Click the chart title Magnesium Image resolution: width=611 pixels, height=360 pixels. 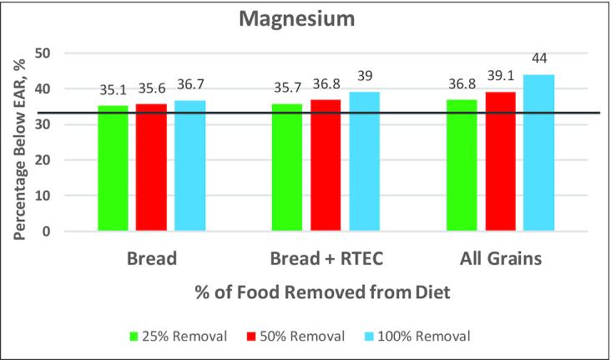(x=305, y=18)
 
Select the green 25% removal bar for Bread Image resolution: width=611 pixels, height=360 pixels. (x=113, y=169)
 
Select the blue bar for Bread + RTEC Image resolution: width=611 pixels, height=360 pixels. (x=364, y=162)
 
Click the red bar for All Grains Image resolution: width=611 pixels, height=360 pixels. (x=500, y=162)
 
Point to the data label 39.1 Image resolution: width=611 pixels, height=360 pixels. (x=500, y=81)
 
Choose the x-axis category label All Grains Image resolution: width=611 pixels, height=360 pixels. (x=499, y=260)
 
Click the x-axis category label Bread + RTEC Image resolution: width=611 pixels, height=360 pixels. (x=325, y=260)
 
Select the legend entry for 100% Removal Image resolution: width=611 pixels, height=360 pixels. (x=421, y=336)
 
